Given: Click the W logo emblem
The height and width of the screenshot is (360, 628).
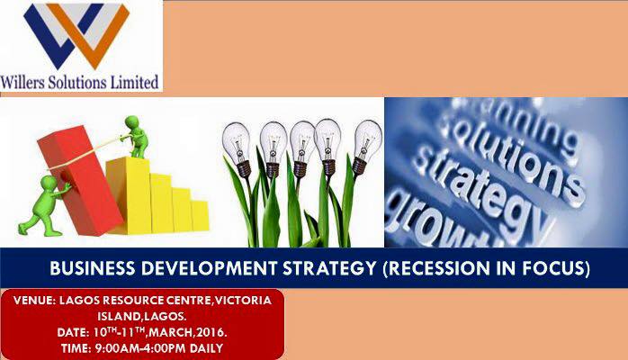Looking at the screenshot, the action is tap(76, 35).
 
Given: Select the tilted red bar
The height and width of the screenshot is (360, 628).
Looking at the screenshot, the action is tap(80, 180).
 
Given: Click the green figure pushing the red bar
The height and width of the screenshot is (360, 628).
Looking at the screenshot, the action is tap(44, 206).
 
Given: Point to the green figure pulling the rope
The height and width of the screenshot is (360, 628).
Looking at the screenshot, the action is tap(135, 136).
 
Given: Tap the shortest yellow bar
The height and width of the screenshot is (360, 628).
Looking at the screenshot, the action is tap(200, 215).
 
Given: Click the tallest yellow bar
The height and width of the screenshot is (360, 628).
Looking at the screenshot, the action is tap(128, 195).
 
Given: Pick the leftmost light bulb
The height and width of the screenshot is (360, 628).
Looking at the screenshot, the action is tap(238, 149).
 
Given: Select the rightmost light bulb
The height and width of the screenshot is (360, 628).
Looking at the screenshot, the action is tap(365, 146).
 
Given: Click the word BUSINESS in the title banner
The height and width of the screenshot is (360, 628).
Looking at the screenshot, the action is tap(93, 268).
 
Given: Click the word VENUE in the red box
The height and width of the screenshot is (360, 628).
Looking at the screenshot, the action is tap(34, 301).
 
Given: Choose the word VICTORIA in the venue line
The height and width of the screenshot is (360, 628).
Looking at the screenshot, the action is tap(244, 301).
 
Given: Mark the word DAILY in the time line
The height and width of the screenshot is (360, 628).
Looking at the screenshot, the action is tap(206, 348).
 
